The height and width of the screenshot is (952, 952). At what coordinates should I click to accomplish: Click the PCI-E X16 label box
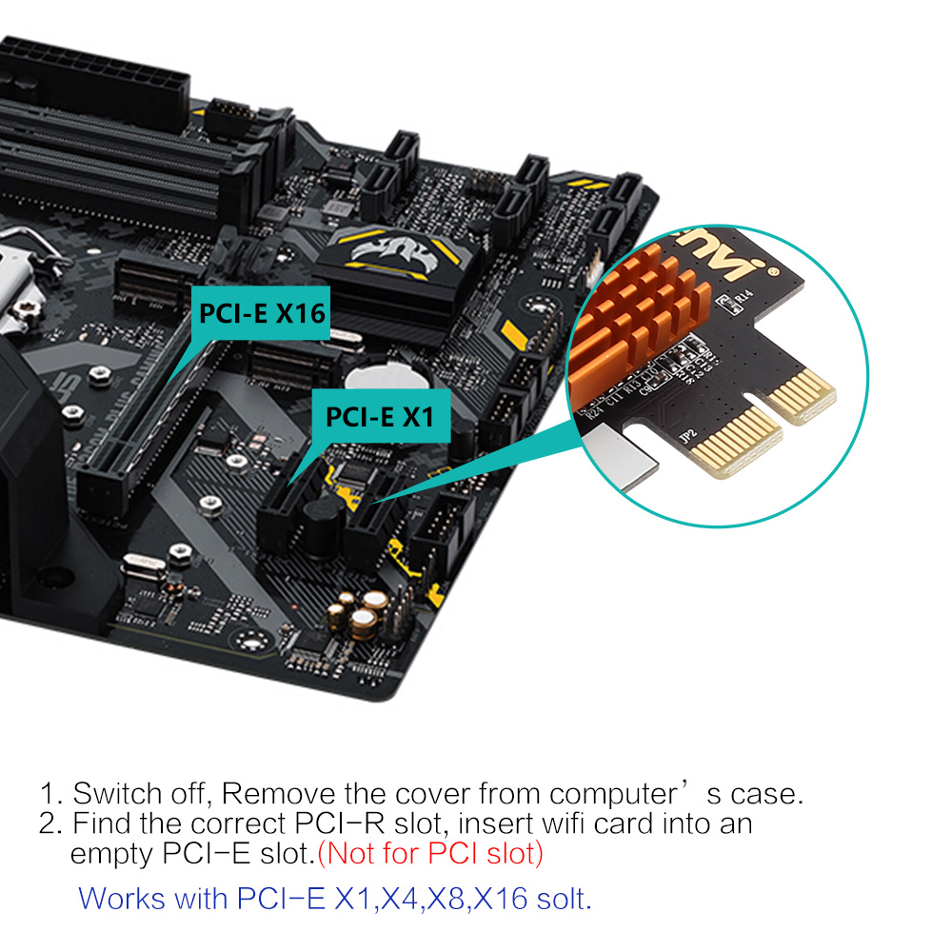click(261, 313)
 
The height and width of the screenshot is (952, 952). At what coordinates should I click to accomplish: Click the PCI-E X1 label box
click(381, 417)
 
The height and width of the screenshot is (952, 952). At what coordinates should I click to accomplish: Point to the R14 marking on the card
click(744, 296)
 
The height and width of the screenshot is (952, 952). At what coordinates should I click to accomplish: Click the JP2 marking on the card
click(688, 436)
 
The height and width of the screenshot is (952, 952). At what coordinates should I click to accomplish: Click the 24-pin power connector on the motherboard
click(97, 79)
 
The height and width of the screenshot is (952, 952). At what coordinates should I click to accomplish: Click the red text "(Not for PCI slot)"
click(430, 854)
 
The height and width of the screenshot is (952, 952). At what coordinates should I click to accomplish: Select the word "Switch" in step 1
click(116, 794)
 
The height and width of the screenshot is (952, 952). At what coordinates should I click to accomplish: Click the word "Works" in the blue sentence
click(122, 899)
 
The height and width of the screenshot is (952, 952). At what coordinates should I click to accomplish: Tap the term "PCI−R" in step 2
click(340, 823)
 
